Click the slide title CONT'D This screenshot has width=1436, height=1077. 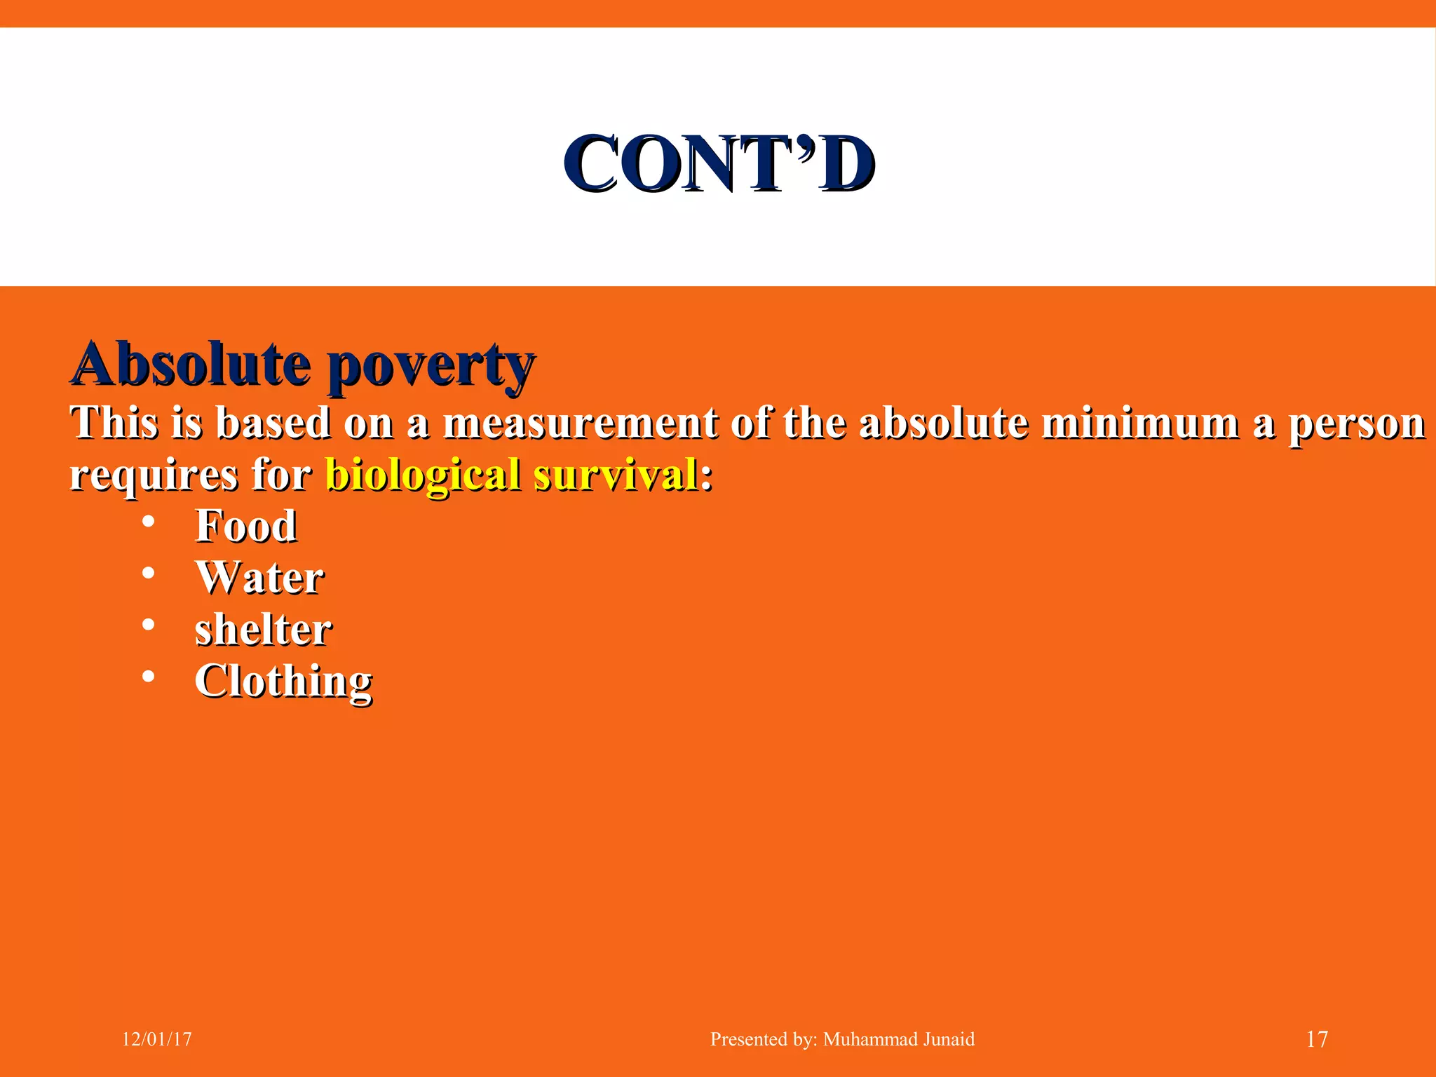[719, 164]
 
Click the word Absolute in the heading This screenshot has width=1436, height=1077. [191, 364]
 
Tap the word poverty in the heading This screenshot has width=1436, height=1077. [431, 366]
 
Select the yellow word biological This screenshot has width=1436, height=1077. [424, 475]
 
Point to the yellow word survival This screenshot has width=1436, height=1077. [616, 474]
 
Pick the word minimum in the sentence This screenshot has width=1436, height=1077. [1140, 423]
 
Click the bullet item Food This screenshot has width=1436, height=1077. [246, 526]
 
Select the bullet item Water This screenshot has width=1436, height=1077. [259, 577]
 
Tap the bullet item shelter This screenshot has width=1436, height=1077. [263, 629]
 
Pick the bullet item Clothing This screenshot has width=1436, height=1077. [283, 681]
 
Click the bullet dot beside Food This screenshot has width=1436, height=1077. [148, 522]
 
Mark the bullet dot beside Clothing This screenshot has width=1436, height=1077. [148, 677]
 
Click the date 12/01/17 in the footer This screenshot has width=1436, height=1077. [157, 1039]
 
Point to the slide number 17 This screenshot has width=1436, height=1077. [1317, 1039]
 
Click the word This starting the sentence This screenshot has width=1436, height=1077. [114, 423]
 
